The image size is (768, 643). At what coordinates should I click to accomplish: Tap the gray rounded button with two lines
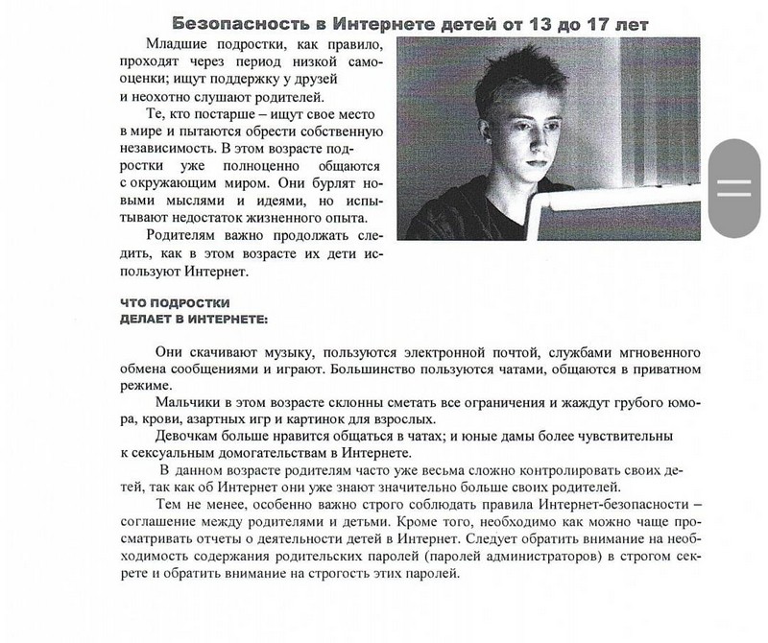click(x=734, y=187)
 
